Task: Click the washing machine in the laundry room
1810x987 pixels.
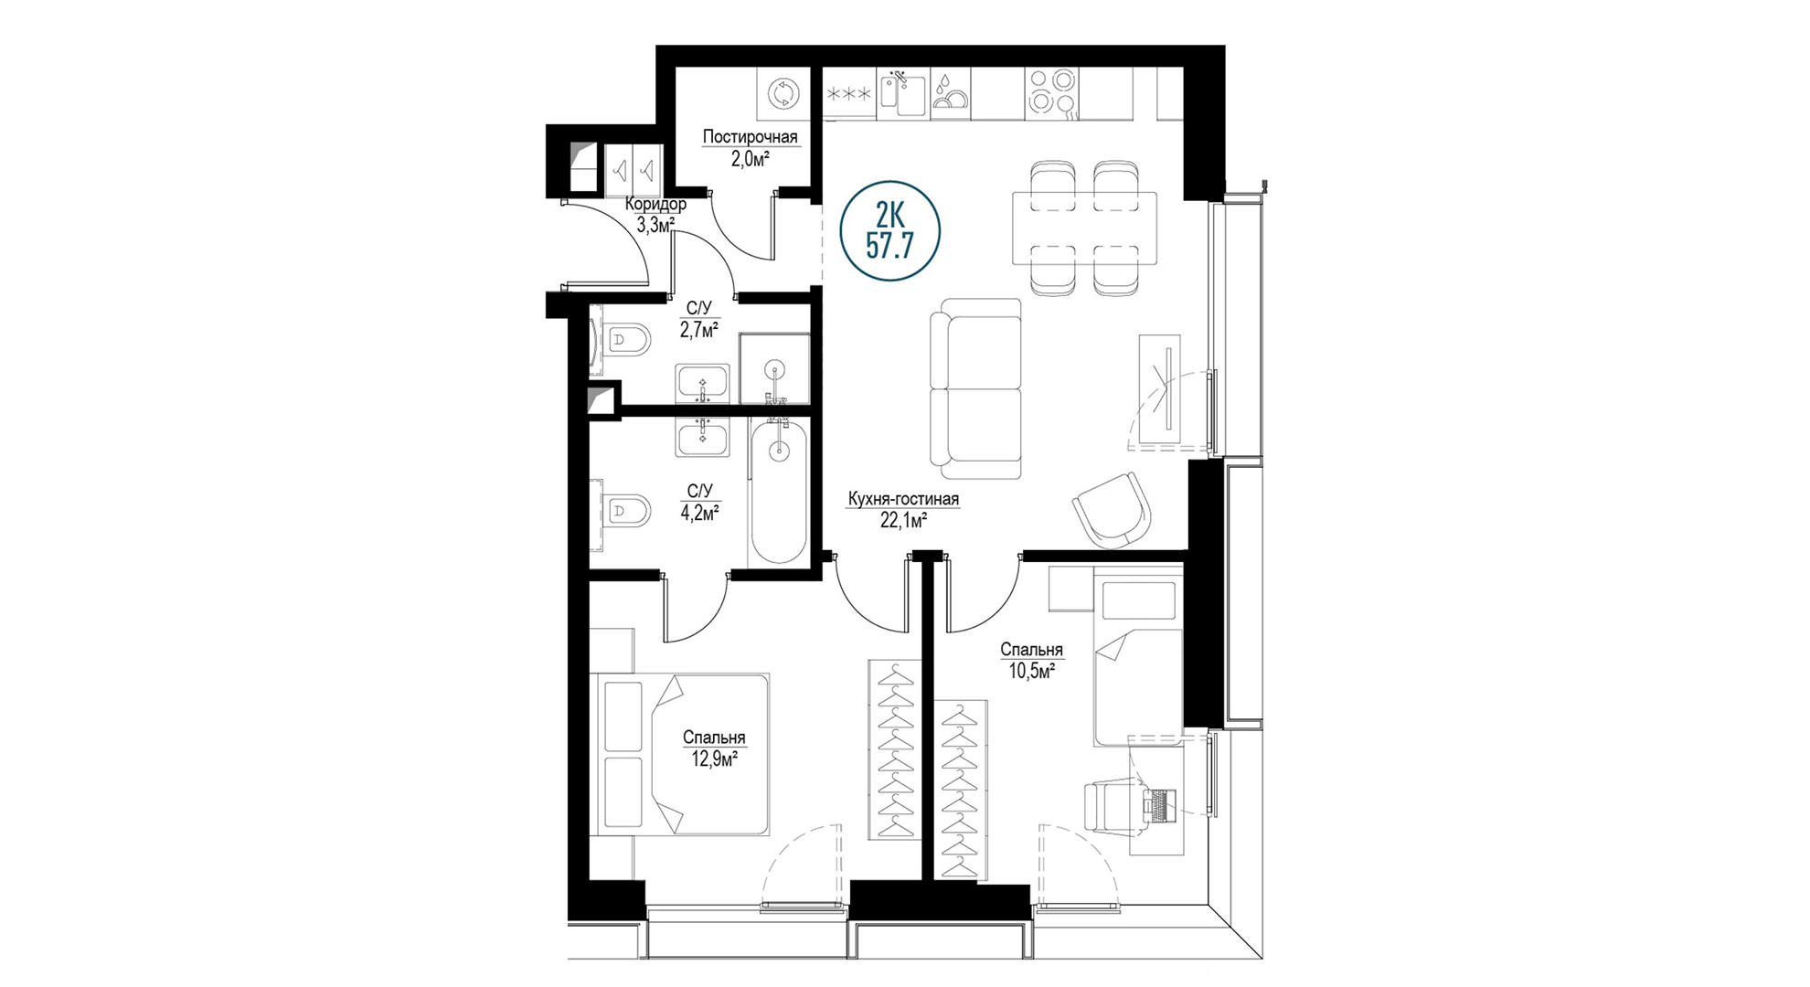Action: tap(783, 94)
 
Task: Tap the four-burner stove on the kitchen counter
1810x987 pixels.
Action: tap(1051, 94)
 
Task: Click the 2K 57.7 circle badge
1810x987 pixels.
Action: tap(889, 231)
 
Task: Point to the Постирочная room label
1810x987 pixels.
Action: tap(750, 137)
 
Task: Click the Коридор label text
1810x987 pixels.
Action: tap(655, 204)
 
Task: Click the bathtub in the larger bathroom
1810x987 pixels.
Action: tap(778, 492)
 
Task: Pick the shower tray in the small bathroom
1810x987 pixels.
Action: tap(774, 368)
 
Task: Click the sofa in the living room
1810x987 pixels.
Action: tap(975, 389)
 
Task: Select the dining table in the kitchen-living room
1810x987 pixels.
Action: tap(1084, 228)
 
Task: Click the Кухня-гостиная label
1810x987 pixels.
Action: tap(903, 499)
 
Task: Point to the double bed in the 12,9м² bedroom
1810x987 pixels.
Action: tap(684, 754)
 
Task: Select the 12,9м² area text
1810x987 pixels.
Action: tap(715, 759)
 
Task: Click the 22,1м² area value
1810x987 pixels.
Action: tap(904, 521)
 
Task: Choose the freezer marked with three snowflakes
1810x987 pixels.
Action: tap(849, 94)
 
